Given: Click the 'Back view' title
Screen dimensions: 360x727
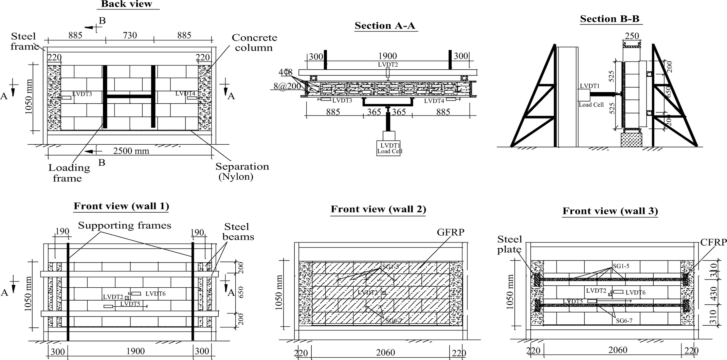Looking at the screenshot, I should (127, 4).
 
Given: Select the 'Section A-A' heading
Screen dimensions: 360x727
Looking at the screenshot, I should (385, 26).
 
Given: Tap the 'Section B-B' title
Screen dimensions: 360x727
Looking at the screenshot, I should (610, 19).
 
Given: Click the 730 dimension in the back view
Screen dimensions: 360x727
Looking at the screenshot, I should (130, 35).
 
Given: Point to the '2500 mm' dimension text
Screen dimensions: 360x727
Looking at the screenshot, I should (131, 151).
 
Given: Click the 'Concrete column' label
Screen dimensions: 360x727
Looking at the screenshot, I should (254, 42).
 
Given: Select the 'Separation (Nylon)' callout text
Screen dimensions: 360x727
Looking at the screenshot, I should (242, 171).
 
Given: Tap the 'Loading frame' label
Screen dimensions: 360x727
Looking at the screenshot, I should (69, 173).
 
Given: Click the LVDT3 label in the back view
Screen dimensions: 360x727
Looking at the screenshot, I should (82, 94).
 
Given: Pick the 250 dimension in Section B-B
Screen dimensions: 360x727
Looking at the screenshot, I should (632, 36).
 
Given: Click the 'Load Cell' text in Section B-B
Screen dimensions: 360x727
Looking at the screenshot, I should (591, 105).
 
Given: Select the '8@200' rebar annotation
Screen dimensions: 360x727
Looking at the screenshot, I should (287, 86).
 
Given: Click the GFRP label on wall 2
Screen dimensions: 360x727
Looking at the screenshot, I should (451, 232).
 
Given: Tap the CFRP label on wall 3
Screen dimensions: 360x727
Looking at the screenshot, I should (713, 242).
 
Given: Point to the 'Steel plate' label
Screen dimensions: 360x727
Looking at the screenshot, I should (509, 244).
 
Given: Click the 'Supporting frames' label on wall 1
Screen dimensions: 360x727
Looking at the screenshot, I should (125, 226).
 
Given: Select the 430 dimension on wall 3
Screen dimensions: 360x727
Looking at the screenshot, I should (713, 293).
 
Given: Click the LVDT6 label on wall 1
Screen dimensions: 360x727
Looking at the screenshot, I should (155, 294).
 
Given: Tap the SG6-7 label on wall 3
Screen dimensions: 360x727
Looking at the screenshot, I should (624, 320).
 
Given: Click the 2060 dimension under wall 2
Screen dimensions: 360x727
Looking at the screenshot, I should (385, 353).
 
